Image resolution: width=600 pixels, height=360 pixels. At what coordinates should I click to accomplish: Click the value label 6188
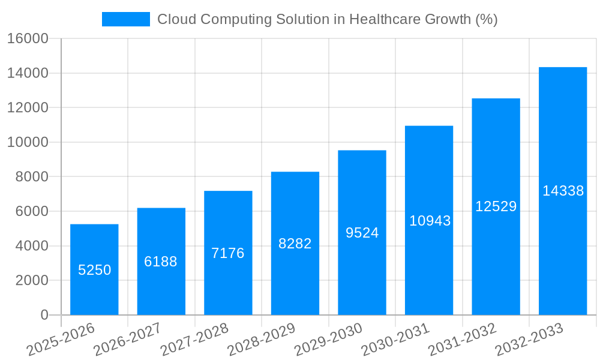tap(161, 262)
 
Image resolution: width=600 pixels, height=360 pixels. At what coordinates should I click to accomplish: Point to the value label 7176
tap(228, 253)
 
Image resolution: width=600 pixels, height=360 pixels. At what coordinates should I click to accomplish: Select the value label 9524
tap(362, 233)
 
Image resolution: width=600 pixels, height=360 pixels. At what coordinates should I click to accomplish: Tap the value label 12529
tap(496, 206)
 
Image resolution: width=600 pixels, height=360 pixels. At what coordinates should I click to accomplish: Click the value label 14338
tap(563, 191)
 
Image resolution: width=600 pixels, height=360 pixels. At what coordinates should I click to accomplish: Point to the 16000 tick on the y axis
tap(28, 39)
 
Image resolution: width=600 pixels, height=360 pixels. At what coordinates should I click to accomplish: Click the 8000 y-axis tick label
tap(32, 177)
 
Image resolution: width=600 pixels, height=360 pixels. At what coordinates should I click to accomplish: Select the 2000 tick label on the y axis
tap(32, 280)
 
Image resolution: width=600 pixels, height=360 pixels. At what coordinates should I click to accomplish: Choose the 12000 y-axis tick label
tap(28, 108)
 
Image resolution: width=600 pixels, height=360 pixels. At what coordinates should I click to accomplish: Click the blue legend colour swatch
tap(126, 19)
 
